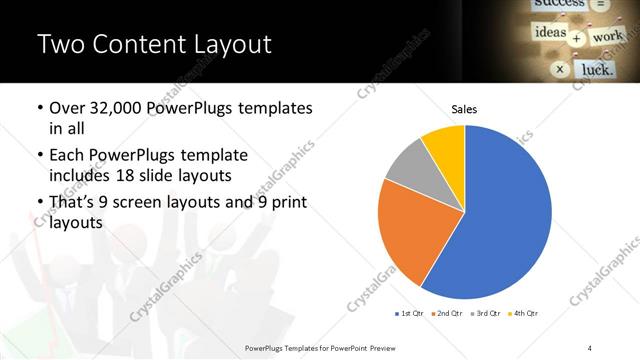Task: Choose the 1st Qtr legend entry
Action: coord(411,314)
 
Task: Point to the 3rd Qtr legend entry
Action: coord(487,314)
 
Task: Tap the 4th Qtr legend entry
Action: coord(525,314)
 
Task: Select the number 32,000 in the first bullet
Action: coord(117,108)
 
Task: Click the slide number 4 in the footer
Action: coord(591,347)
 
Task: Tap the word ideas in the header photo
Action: coord(550,33)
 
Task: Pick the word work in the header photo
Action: coord(607,37)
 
